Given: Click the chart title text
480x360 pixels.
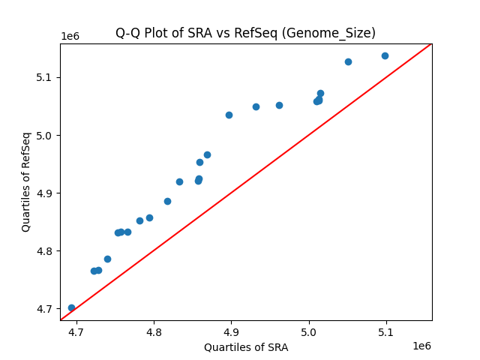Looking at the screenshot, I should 245,33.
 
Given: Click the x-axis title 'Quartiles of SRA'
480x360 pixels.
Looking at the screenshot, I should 246,347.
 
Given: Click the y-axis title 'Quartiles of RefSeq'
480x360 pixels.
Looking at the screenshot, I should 26,181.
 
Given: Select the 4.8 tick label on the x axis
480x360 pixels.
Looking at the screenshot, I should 154,331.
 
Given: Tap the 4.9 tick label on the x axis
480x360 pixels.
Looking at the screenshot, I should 231,331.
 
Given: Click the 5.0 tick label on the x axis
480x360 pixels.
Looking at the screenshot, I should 309,331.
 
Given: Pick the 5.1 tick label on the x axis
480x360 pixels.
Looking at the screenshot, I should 386,331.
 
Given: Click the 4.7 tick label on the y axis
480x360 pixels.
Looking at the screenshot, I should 47,309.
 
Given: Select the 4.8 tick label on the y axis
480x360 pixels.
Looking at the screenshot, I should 47,251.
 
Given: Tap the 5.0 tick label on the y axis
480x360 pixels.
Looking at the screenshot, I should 47,136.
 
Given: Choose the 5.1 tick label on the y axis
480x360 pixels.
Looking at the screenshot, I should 47,78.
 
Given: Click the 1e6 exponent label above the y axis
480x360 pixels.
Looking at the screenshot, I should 70,37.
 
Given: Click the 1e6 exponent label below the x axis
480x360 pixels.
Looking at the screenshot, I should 421,346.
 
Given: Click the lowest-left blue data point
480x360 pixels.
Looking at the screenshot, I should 71,307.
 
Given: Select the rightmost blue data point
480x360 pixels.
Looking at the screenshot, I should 385,55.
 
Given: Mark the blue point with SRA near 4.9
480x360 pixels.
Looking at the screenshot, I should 229,115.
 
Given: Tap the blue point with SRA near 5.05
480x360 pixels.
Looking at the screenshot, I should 348,61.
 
